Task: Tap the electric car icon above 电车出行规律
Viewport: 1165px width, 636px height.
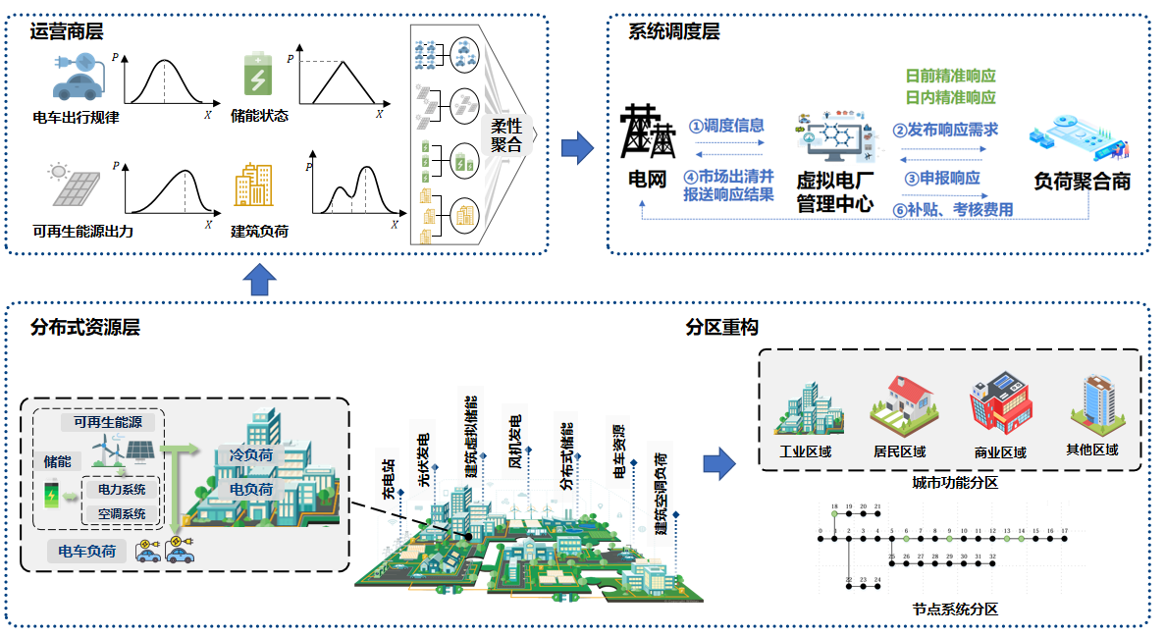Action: [78, 79]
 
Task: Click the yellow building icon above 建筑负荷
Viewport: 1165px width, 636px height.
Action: [253, 185]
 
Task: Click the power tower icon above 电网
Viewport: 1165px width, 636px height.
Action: [649, 132]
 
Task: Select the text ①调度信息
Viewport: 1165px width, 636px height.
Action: [726, 126]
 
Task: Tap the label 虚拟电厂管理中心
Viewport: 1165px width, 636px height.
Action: [834, 192]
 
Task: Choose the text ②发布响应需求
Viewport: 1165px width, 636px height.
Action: [945, 130]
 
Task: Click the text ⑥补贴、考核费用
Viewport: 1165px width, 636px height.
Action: [952, 209]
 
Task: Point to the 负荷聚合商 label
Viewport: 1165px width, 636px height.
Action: [1083, 182]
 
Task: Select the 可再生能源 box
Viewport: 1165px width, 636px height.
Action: [108, 422]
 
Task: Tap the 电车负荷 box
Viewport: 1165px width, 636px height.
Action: [87, 552]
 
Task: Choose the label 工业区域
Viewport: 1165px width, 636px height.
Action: [805, 451]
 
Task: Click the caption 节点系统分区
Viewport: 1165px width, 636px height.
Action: [955, 609]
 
